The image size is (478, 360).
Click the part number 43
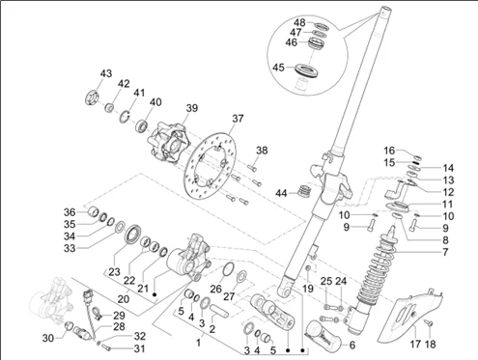(106, 73)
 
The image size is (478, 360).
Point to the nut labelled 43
(92, 97)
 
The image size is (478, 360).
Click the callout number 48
(299, 22)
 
